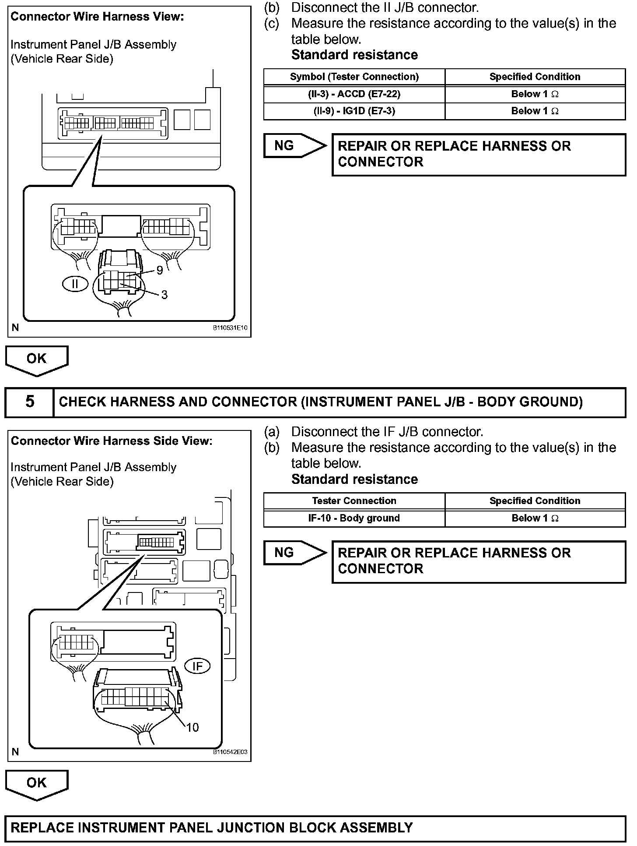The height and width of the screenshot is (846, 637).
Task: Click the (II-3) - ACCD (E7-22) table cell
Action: pyautogui.click(x=354, y=94)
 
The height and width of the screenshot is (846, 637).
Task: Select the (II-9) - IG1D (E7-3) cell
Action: pyautogui.click(x=354, y=111)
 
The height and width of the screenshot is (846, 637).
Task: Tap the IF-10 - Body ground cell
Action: pyautogui.click(x=354, y=518)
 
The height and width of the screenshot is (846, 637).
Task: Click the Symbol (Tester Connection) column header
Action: pyautogui.click(x=354, y=77)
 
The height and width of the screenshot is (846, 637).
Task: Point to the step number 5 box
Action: pyautogui.click(x=29, y=402)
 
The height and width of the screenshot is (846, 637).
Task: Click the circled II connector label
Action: pyautogui.click(x=75, y=284)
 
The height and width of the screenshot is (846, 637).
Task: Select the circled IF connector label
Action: pyautogui.click(x=197, y=666)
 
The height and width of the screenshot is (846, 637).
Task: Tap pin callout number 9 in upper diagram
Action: pyautogui.click(x=160, y=271)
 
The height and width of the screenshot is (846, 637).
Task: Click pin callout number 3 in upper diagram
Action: pyautogui.click(x=164, y=295)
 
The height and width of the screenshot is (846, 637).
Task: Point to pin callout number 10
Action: pyautogui.click(x=192, y=727)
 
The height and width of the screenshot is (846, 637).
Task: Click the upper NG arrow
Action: pyautogui.click(x=294, y=145)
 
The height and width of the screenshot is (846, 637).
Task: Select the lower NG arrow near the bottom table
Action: pyautogui.click(x=294, y=553)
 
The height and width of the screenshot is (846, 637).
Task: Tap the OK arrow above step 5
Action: pyautogui.click(x=36, y=360)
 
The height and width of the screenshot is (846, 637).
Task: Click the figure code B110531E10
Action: pyautogui.click(x=230, y=328)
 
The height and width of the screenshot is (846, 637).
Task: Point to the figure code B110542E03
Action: pyautogui.click(x=230, y=752)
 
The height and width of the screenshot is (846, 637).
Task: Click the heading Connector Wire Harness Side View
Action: pyautogui.click(x=111, y=441)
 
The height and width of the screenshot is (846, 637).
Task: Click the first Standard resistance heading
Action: pyautogui.click(x=354, y=55)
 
